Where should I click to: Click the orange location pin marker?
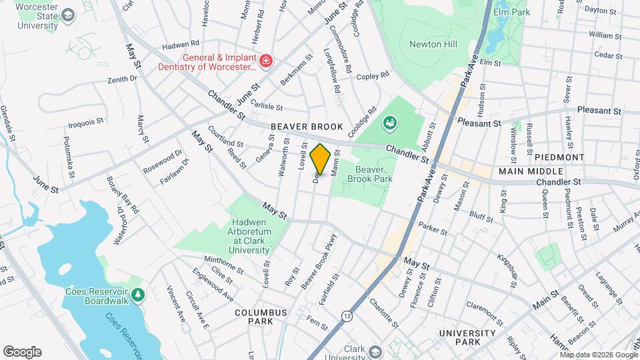(x=320, y=159)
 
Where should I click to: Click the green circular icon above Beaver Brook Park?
(x=389, y=123)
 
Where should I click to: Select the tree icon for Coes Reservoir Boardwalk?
(x=138, y=294)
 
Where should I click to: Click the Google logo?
(x=22, y=351)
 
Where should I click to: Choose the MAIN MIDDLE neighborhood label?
(x=527, y=171)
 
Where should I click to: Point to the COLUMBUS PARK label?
(x=260, y=317)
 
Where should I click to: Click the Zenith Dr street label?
(x=122, y=79)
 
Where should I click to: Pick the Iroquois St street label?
(x=86, y=123)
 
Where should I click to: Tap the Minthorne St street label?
(x=223, y=264)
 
